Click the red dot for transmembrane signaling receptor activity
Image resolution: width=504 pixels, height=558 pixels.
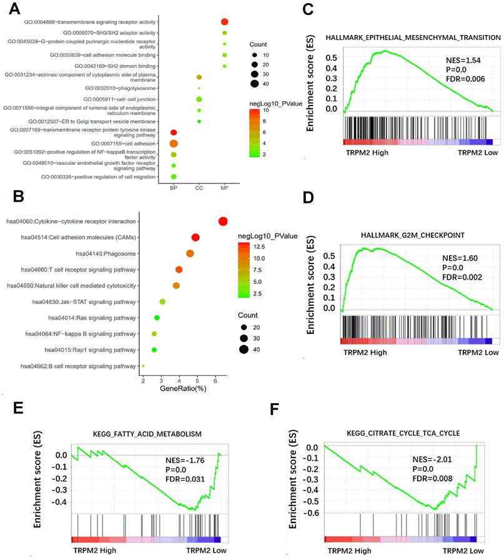point(225,22)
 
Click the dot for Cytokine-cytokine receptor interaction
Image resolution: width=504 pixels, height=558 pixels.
point(223,222)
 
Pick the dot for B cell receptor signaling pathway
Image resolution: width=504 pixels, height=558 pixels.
point(143,366)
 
